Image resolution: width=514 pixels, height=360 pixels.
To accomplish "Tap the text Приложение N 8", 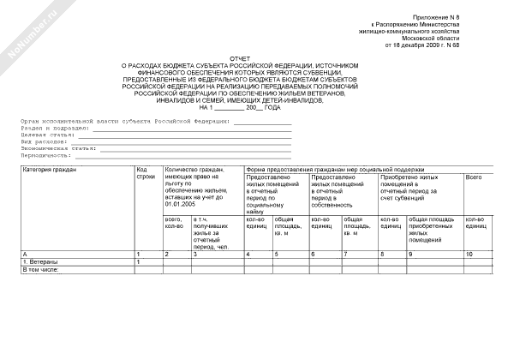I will click(435, 17).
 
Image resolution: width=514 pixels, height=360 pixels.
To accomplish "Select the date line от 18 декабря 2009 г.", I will click(424, 45).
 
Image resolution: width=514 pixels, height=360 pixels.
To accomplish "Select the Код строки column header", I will click(146, 173).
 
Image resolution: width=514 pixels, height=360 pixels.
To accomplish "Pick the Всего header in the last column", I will click(474, 177).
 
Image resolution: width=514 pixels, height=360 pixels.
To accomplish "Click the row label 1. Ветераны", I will click(40, 262).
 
